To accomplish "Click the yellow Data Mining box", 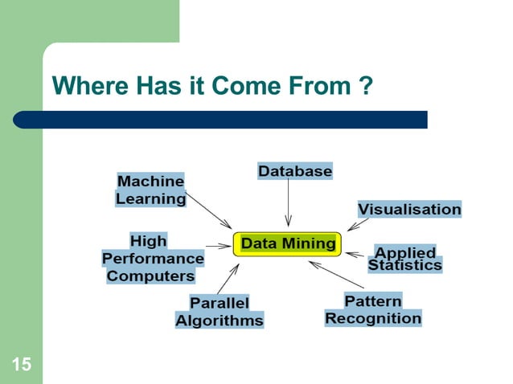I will [x=288, y=243].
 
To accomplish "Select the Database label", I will [x=294, y=171].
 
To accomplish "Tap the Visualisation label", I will [x=409, y=209].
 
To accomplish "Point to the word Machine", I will [x=150, y=182].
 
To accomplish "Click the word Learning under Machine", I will [x=150, y=198].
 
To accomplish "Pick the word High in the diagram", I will [x=149, y=240].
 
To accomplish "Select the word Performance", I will [x=153, y=259].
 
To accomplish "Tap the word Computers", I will [x=151, y=276].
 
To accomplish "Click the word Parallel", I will [x=220, y=303].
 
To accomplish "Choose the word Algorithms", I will [x=220, y=320].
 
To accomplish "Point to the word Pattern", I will [x=372, y=300].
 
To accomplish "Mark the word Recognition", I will [x=373, y=318].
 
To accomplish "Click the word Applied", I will [x=405, y=252].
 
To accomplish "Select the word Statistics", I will [x=405, y=265].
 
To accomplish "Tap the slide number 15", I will [x=21, y=366].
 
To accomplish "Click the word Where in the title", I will [x=85, y=85].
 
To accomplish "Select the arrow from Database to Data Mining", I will [x=288, y=205].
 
